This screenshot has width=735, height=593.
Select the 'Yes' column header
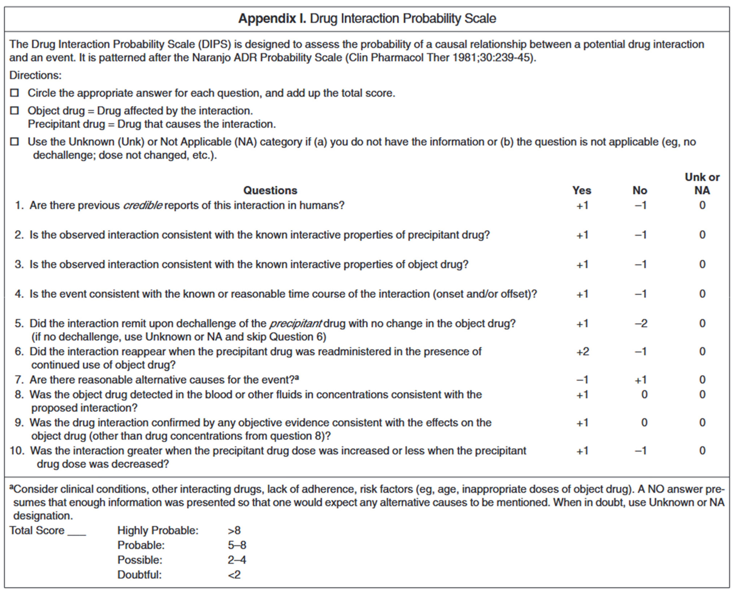click(x=582, y=190)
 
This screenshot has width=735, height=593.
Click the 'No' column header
click(x=640, y=190)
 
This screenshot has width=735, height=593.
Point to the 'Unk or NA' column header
click(x=702, y=184)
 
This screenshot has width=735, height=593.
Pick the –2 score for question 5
click(x=641, y=323)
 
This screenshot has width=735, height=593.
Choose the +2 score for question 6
click(x=583, y=351)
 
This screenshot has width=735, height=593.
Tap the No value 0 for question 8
click(x=644, y=395)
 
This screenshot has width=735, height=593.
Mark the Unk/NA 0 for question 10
click(x=702, y=451)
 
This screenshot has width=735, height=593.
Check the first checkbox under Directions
click(x=14, y=93)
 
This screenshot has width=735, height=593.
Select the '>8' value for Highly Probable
click(x=234, y=531)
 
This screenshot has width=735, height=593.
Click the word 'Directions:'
click(x=35, y=75)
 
